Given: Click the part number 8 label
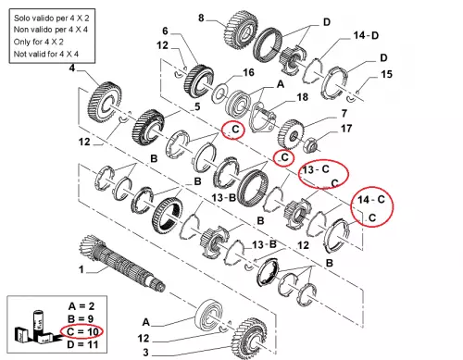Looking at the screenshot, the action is [201, 18].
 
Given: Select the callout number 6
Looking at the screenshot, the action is [165, 31].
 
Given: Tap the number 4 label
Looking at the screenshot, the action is [72, 68].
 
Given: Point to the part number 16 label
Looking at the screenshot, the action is [248, 72].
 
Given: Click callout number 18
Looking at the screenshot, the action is [302, 97].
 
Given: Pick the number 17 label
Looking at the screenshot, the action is [346, 129].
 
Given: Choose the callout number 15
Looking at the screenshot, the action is [386, 74].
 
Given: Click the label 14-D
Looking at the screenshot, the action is [366, 35].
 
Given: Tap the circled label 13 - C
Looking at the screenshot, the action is [316, 169].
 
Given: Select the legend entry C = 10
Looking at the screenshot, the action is [82, 331].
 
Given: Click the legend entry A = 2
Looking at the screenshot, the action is [81, 306].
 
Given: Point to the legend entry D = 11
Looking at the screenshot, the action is [82, 344].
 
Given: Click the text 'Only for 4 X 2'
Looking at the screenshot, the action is [39, 42].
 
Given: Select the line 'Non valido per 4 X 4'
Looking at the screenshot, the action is [51, 30].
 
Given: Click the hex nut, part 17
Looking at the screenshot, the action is [309, 144].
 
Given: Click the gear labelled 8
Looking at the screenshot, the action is [241, 31].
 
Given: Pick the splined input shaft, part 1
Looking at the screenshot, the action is [122, 263].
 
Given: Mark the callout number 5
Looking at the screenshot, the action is [197, 106].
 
